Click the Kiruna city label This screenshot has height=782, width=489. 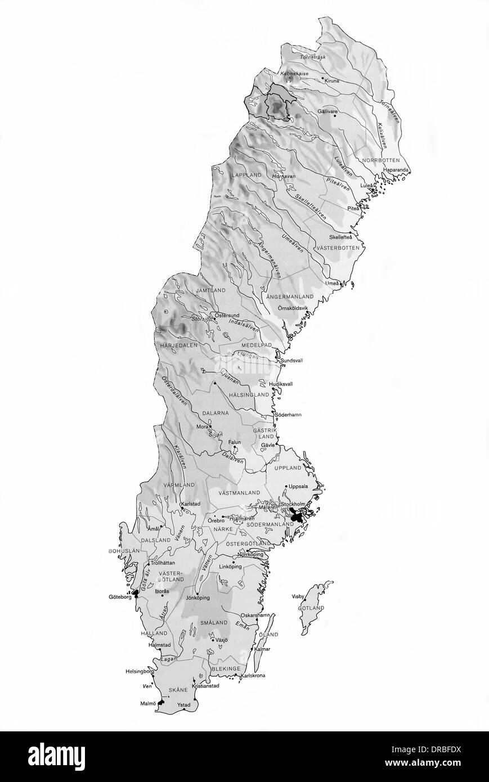tap(332, 81)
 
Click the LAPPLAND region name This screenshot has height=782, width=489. tap(246, 176)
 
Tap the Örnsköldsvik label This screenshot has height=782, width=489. tap(298, 308)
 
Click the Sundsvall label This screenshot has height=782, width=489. tap(291, 361)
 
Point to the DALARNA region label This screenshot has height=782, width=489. tap(215, 412)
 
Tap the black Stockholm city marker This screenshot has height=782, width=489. tap(297, 515)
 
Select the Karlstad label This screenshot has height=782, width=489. tap(190, 504)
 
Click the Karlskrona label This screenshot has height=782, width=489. tap(253, 675)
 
